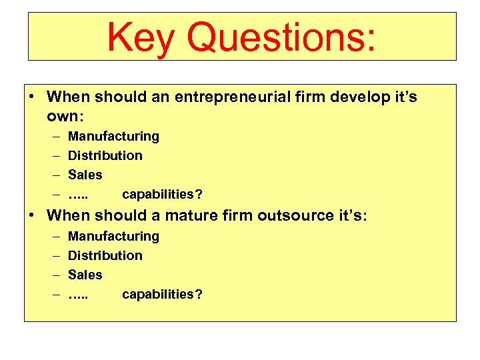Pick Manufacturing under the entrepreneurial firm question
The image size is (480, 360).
(x=113, y=137)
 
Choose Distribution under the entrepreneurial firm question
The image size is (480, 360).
(x=105, y=155)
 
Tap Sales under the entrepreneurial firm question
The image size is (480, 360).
(x=85, y=175)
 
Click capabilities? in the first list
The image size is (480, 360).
(x=163, y=195)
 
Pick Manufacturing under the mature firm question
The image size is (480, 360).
(x=113, y=237)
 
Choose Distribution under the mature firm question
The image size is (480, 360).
(x=105, y=255)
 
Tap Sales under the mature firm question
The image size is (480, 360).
(x=85, y=275)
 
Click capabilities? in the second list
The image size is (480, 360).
(x=163, y=295)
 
